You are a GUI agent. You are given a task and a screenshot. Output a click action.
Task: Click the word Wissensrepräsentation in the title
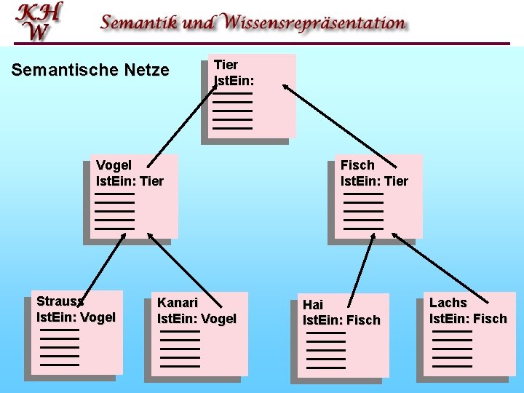click(x=315, y=23)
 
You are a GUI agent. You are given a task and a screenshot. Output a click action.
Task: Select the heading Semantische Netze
click(x=90, y=71)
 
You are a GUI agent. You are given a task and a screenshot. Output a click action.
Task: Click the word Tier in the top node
click(x=226, y=65)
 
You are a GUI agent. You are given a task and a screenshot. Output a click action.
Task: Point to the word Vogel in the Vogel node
click(x=114, y=165)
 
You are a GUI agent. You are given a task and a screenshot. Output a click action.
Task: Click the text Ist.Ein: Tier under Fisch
click(x=374, y=181)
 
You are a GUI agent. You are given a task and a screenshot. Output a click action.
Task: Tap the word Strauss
click(x=60, y=301)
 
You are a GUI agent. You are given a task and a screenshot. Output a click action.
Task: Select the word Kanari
click(x=178, y=302)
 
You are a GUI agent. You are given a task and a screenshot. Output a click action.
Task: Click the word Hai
click(x=313, y=304)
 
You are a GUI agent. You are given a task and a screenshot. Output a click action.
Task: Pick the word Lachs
click(x=448, y=302)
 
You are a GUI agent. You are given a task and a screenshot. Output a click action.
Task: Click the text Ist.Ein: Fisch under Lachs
click(x=468, y=319)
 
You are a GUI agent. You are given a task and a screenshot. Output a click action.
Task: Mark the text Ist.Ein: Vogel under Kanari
click(x=196, y=319)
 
